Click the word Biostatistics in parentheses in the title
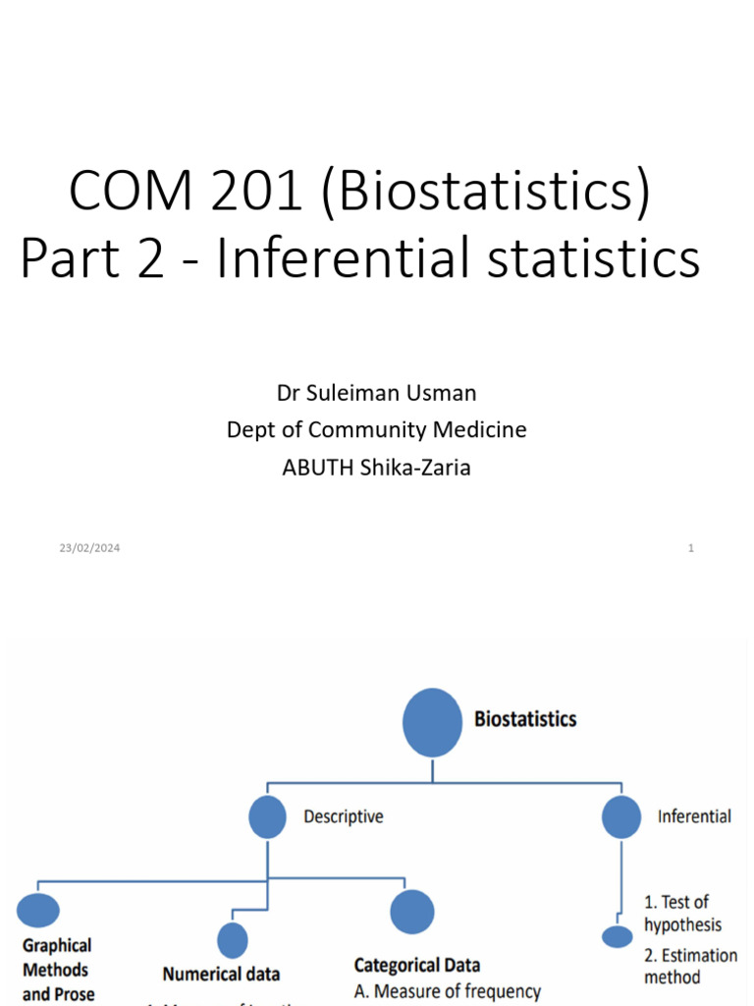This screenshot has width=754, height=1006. (x=485, y=192)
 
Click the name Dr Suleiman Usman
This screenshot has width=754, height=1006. (x=376, y=393)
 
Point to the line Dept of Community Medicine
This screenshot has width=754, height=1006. (x=376, y=429)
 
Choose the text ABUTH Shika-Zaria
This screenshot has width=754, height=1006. (x=376, y=468)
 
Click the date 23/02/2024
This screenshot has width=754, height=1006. (x=89, y=548)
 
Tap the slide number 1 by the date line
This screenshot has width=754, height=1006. (x=691, y=548)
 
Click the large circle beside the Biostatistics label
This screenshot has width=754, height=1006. (x=432, y=722)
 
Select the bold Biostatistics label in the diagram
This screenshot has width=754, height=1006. (x=525, y=719)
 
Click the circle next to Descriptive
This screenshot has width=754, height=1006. (x=267, y=816)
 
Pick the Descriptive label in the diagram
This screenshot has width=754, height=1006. (x=344, y=816)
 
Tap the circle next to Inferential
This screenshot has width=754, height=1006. (x=620, y=816)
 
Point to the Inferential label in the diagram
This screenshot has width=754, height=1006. (x=694, y=816)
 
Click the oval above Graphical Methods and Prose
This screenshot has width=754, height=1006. (x=38, y=911)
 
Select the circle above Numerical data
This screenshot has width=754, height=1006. (x=233, y=940)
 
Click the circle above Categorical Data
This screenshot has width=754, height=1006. (x=412, y=912)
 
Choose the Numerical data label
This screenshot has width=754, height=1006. (x=221, y=975)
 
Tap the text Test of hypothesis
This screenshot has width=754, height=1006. (x=682, y=914)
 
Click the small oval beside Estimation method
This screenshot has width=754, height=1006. (x=618, y=937)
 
